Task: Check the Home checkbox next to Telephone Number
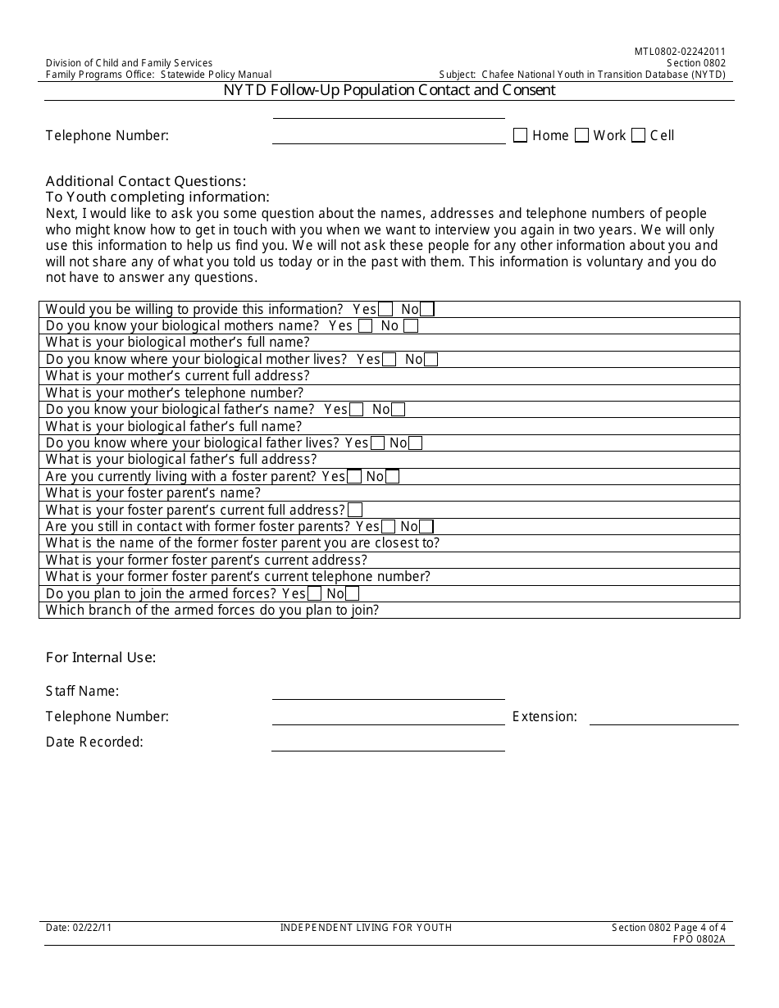tap(520, 136)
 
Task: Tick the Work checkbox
tap(581, 136)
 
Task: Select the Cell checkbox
tap(638, 136)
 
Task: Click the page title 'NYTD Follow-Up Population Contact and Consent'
tap(389, 90)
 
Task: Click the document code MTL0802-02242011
tap(680, 52)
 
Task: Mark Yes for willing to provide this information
tap(385, 310)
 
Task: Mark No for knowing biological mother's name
tap(411, 326)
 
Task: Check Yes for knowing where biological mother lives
tap(389, 360)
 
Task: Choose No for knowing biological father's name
tap(398, 410)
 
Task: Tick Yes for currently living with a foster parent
tap(354, 477)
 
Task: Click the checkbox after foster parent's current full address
tap(355, 511)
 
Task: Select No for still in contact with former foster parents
tap(426, 527)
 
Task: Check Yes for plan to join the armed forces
tap(314, 594)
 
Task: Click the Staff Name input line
tap(388, 692)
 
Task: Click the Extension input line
tap(663, 718)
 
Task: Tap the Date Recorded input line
tap(388, 743)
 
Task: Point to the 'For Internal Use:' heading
tap(101, 657)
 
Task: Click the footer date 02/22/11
tap(79, 928)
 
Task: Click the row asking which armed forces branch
tap(389, 611)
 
